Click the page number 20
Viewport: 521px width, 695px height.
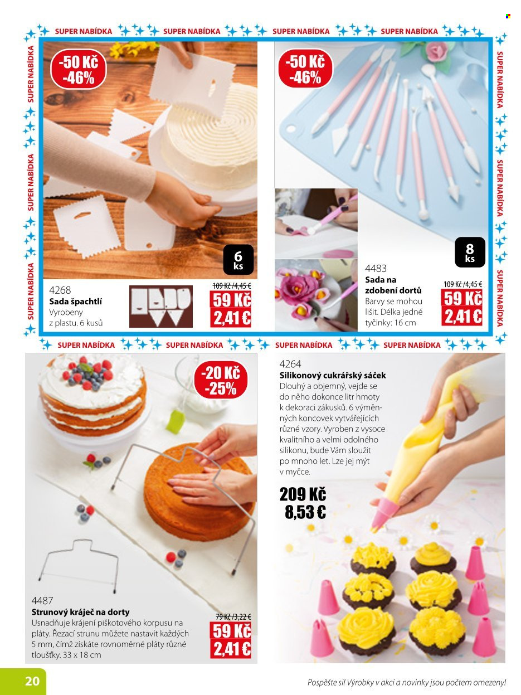[33, 681]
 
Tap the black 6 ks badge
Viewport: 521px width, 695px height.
[238, 259]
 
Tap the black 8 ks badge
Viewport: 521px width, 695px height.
[470, 252]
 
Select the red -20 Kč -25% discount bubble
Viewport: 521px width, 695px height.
[221, 380]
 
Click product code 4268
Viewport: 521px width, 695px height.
[60, 290]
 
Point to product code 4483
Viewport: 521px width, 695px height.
[376, 268]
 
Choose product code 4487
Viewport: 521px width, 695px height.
[42, 600]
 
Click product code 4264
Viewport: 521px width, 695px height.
[290, 364]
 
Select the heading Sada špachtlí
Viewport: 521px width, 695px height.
[76, 302]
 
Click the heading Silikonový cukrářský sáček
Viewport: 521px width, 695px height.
[333, 376]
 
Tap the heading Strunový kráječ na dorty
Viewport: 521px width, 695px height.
[80, 612]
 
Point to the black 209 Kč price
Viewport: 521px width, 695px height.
[303, 494]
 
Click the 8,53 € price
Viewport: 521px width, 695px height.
[305, 512]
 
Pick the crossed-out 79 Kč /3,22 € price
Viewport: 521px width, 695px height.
[233, 617]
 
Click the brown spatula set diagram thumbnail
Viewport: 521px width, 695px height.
[161, 306]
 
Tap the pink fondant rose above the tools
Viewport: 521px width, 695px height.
[436, 50]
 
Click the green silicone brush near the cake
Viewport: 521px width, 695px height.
[175, 422]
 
